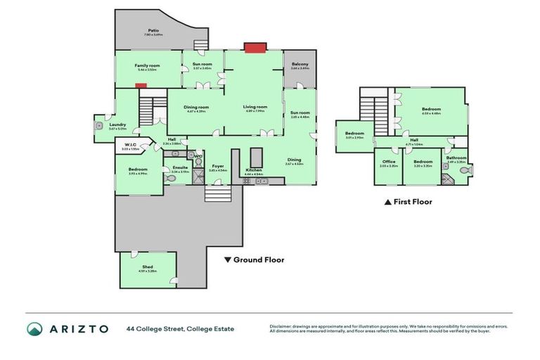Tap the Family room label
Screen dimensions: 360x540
click(x=148, y=66)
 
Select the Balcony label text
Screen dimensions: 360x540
click(x=300, y=66)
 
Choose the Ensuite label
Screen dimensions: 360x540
click(x=179, y=169)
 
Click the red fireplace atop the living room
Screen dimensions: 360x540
click(x=252, y=47)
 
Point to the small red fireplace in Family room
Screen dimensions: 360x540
click(x=141, y=86)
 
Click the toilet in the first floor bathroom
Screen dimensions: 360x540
click(x=463, y=171)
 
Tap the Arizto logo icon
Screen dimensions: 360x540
click(x=35, y=328)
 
